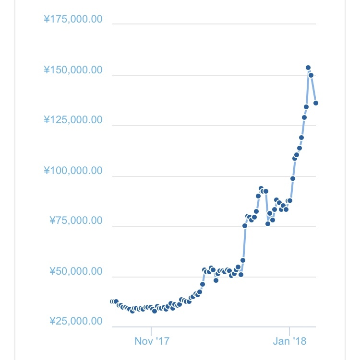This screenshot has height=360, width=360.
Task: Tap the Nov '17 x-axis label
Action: point(152,341)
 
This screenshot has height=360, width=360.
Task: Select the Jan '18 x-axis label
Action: point(289,341)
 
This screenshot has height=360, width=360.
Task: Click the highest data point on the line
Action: point(308,68)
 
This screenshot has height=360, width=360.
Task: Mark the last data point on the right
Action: point(316,103)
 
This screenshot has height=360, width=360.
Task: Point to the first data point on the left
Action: point(112,302)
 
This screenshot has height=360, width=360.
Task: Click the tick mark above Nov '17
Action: point(151,331)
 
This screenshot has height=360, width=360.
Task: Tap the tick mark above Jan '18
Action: point(289,331)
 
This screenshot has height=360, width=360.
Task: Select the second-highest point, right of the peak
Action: point(311,75)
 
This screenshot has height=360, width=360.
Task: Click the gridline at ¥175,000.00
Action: point(214,24)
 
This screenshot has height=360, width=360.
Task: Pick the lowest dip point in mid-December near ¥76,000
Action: point(268,224)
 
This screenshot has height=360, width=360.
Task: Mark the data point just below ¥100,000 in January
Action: point(293,178)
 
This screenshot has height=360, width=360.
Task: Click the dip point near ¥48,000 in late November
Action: point(216,280)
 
